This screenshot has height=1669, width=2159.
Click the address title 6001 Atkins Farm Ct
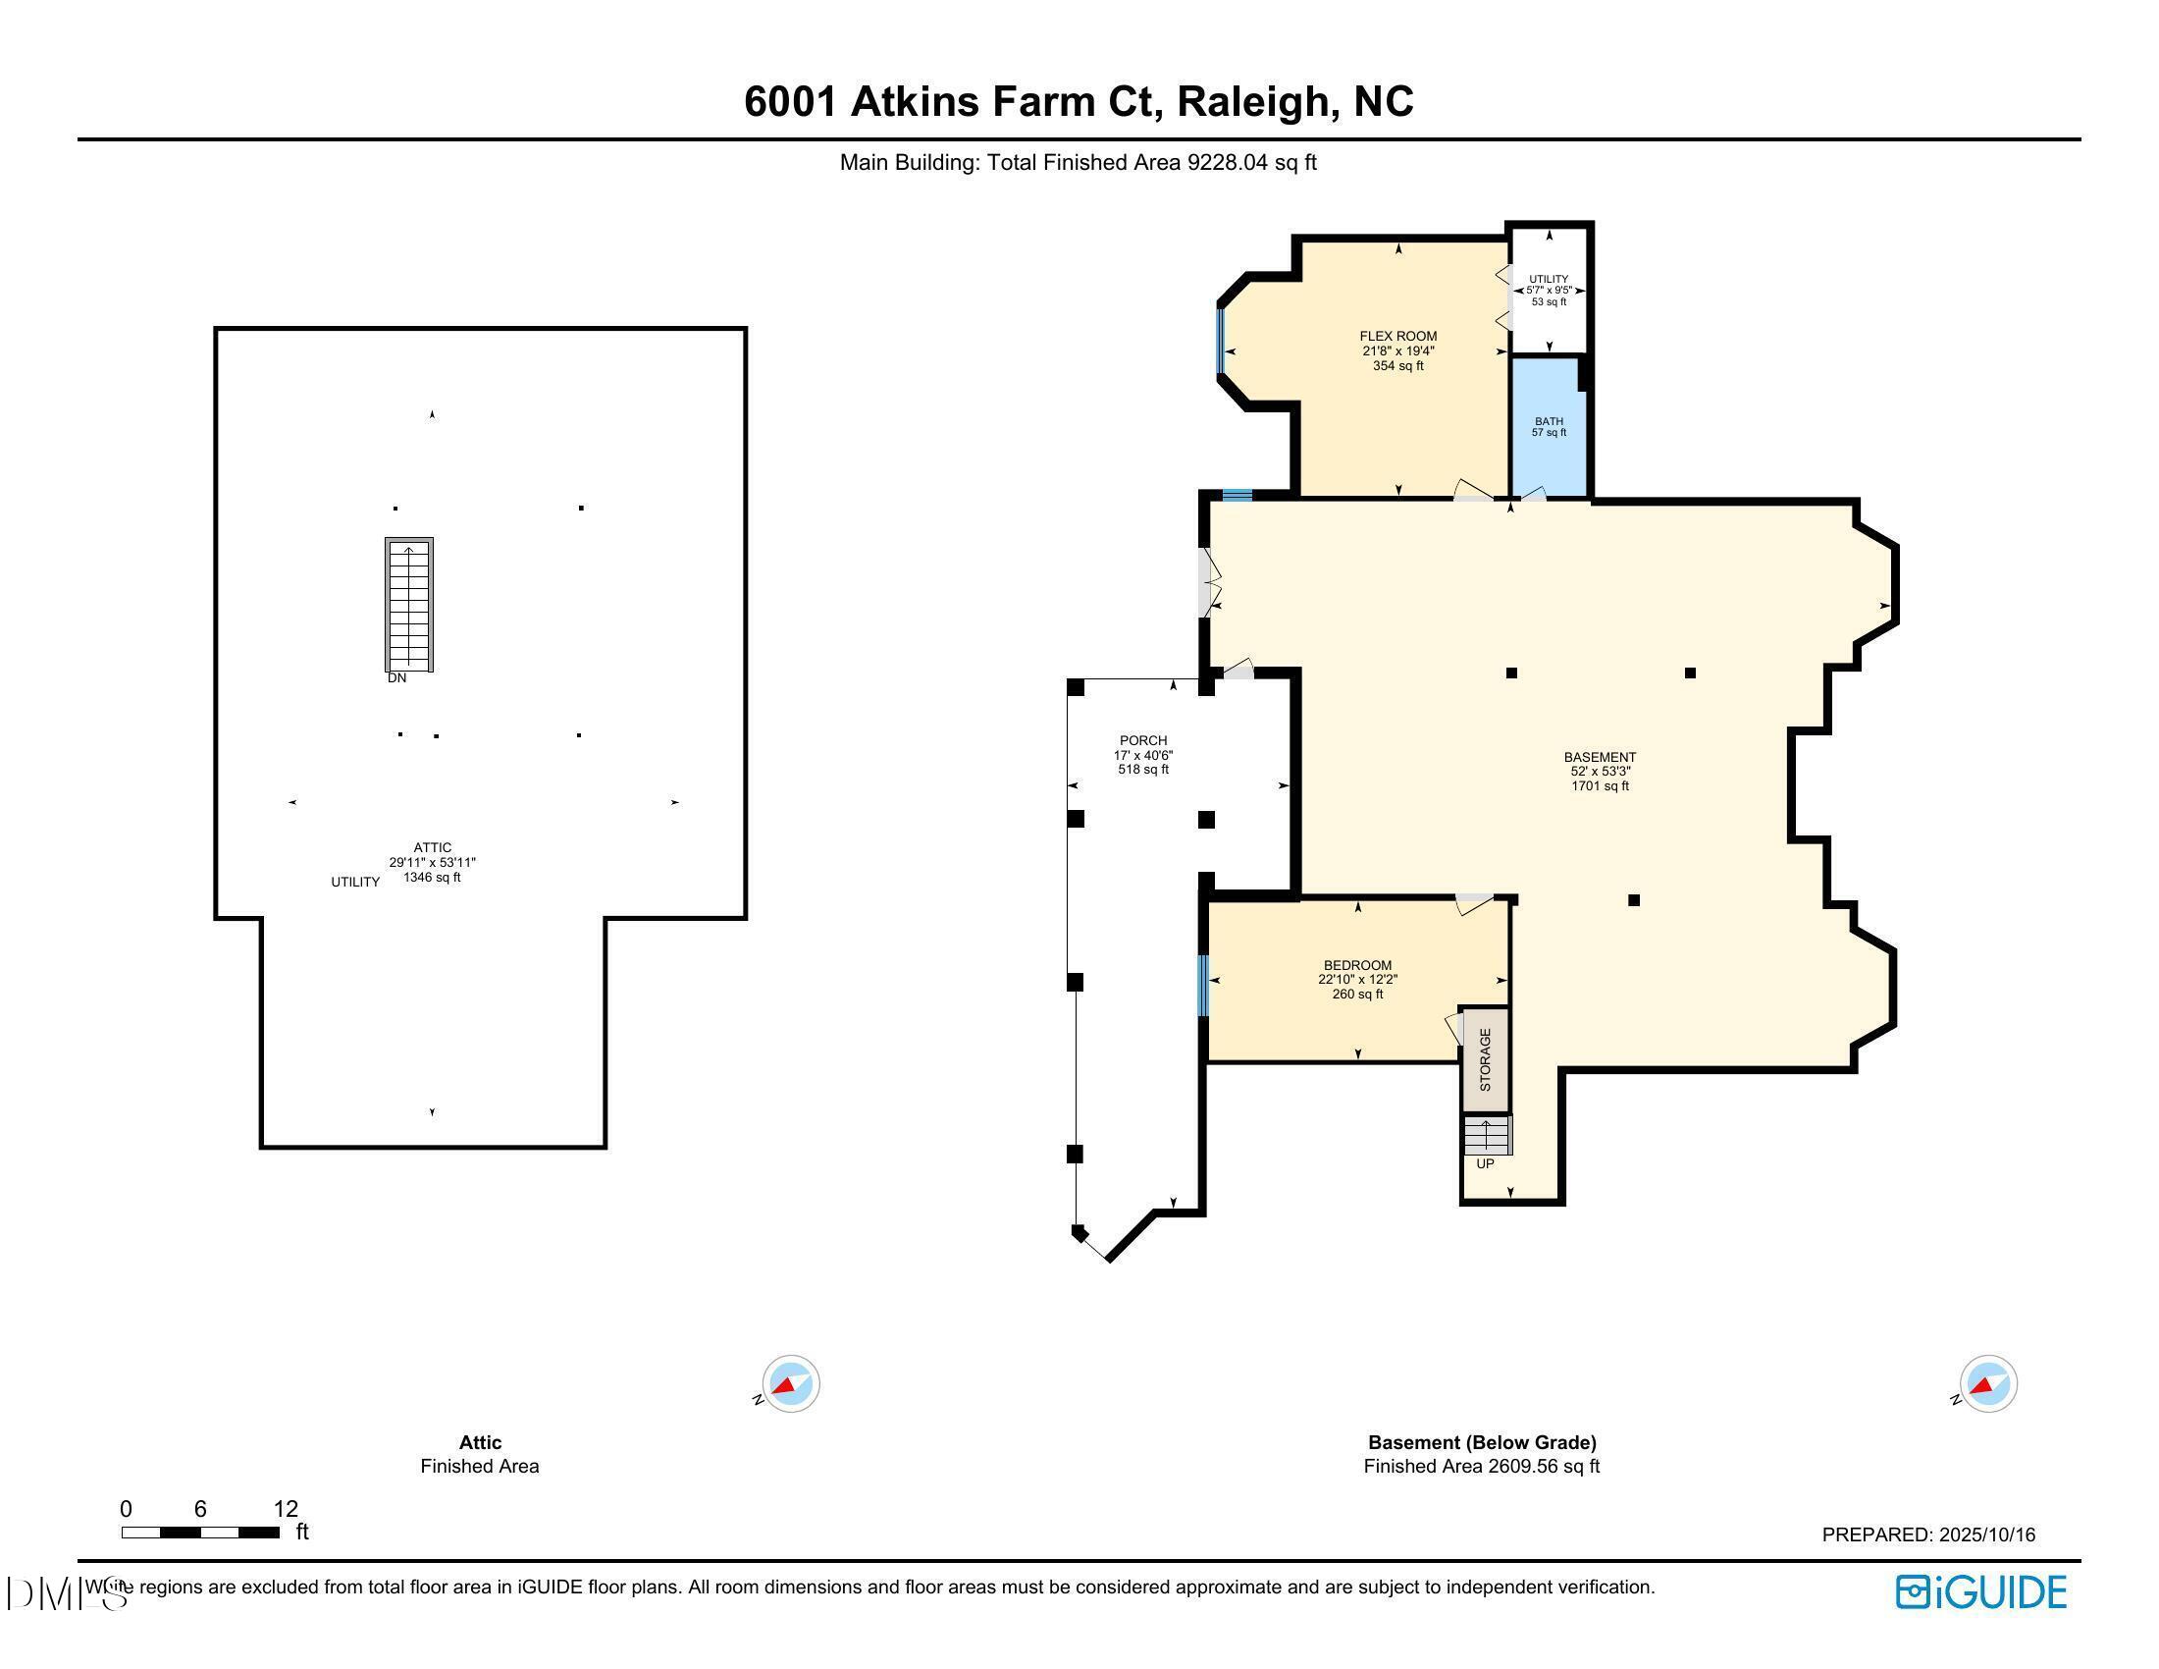click(1078, 102)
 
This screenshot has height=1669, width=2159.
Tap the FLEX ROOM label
click(1397, 336)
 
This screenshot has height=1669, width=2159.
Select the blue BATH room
click(1548, 426)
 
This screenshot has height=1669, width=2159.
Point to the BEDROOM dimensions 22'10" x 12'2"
click(1357, 980)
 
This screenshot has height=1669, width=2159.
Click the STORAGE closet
click(1485, 1060)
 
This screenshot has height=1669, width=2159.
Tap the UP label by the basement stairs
click(1485, 1163)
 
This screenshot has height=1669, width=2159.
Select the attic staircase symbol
click(409, 604)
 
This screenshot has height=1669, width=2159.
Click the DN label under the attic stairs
click(396, 678)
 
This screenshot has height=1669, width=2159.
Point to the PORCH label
click(1142, 740)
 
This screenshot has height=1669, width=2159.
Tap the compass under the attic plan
click(790, 1383)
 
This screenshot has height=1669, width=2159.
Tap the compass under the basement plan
click(1987, 1383)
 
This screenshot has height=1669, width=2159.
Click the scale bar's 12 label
click(286, 1509)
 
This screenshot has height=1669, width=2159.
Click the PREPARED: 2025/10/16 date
click(1927, 1534)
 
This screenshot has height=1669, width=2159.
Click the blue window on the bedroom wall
click(1203, 985)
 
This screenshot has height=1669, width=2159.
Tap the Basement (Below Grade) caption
click(1481, 1442)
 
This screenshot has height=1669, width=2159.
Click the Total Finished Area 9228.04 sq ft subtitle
click(1078, 162)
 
